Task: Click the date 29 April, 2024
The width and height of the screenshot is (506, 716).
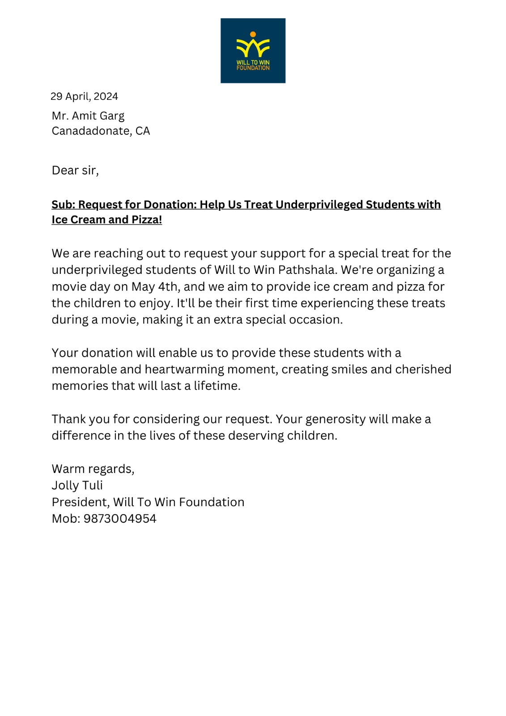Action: point(84,97)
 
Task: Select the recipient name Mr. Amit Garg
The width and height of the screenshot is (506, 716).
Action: point(88,116)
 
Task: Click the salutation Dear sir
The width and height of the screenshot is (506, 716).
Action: point(75,170)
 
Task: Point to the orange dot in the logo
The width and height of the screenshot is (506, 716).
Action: point(253,34)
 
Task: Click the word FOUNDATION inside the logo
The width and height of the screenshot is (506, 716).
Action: point(253,68)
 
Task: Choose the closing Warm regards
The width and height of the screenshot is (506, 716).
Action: point(93,469)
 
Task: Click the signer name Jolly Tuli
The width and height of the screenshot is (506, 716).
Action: point(77,486)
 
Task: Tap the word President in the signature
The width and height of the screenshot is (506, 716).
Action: point(80,502)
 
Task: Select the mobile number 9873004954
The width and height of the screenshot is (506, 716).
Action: point(120,519)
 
